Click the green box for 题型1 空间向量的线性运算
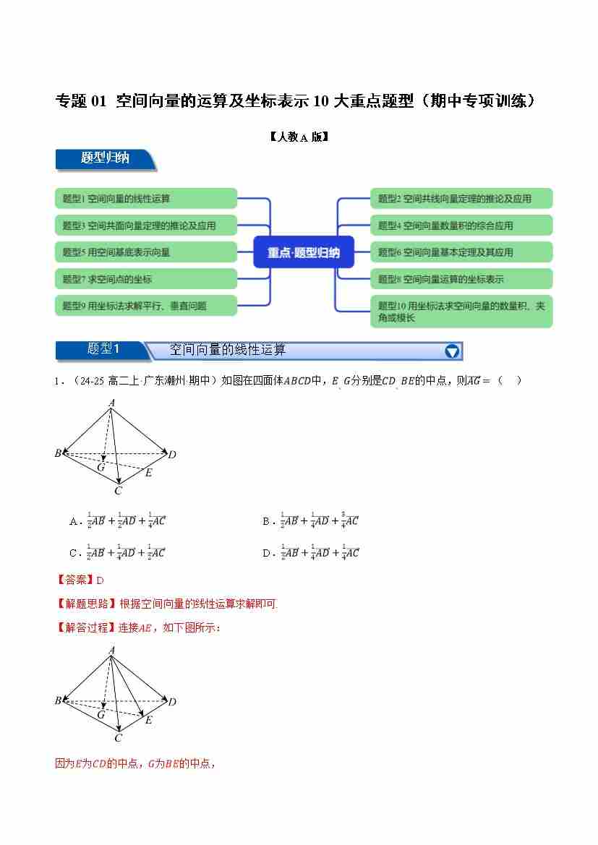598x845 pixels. (x=146, y=198)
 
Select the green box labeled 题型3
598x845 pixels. (x=146, y=225)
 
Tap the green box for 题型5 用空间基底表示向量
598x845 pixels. (x=146, y=252)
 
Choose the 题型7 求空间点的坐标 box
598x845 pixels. (x=146, y=278)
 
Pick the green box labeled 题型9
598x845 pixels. (x=146, y=305)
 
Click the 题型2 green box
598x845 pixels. (x=461, y=198)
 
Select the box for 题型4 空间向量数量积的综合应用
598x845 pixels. (x=461, y=225)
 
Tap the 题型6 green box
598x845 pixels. (x=461, y=252)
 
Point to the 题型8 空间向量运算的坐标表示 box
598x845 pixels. (x=461, y=278)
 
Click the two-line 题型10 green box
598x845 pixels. (x=461, y=312)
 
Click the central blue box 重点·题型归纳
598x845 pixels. (x=304, y=252)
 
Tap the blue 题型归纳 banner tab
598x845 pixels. (x=106, y=159)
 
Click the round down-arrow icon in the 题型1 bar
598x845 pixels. (x=452, y=351)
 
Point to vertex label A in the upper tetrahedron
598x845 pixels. (x=112, y=402)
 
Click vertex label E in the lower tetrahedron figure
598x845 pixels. (x=148, y=720)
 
